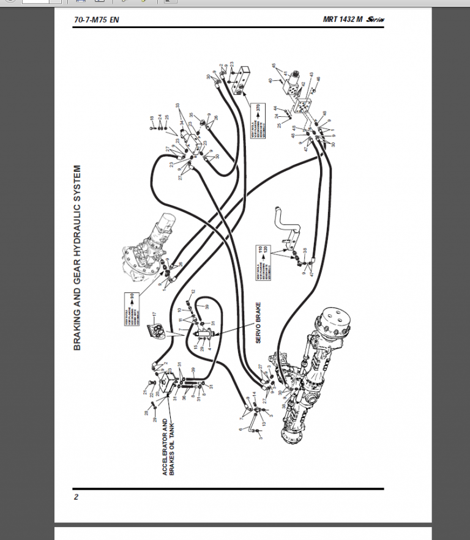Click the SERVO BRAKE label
click(x=259, y=322)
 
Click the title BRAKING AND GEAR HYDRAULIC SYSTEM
click(x=78, y=257)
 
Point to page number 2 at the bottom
click(x=76, y=497)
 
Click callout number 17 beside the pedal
click(x=155, y=314)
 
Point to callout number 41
click(x=285, y=73)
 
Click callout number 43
click(x=311, y=75)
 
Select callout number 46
click(x=318, y=80)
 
